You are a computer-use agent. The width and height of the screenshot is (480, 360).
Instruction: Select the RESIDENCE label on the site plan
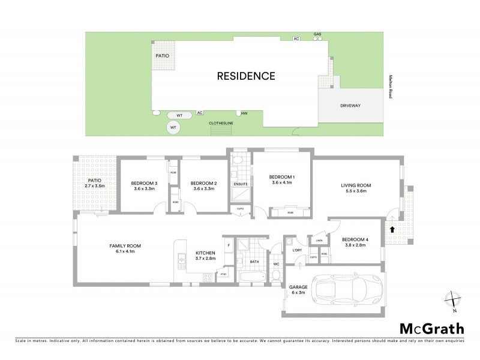coord(246,76)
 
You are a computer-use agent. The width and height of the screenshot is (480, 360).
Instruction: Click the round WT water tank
coord(173,128)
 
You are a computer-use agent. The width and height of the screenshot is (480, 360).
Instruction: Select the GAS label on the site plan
coord(317,34)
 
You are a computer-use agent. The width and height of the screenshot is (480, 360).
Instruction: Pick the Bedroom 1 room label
coord(281,176)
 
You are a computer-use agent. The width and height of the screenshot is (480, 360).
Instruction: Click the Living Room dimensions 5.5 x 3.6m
coord(356,191)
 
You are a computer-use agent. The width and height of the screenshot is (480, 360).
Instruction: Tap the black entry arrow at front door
coord(392,229)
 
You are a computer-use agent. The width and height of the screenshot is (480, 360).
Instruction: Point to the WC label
coord(277,263)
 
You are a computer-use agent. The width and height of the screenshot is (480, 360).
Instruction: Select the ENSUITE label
coord(240,184)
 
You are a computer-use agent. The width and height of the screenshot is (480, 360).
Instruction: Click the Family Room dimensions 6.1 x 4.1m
coord(125,251)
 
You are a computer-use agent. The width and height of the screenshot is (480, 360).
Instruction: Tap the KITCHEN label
coord(205,253)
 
